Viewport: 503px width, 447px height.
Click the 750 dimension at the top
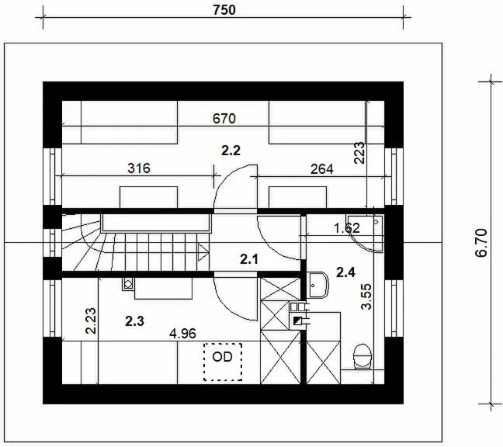(224, 10)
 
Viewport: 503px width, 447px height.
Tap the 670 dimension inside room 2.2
(224, 119)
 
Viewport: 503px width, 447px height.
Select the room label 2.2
(231, 151)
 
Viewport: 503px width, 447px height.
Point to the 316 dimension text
(139, 168)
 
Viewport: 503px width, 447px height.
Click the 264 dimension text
(322, 169)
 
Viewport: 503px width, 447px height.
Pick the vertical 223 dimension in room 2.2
(359, 153)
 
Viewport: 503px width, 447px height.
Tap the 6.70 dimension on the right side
(481, 243)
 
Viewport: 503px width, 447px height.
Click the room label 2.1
(249, 259)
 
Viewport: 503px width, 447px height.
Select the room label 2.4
(346, 272)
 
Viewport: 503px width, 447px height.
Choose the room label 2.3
(135, 321)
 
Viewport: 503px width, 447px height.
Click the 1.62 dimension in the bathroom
(347, 228)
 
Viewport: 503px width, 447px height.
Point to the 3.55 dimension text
(366, 296)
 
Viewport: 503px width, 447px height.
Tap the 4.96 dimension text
(183, 334)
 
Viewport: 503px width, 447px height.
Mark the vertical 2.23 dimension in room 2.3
(91, 321)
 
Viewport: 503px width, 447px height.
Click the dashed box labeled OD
(223, 362)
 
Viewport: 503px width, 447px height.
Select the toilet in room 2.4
(363, 357)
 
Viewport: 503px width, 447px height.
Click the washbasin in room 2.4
(318, 285)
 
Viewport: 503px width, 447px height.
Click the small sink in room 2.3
(128, 284)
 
